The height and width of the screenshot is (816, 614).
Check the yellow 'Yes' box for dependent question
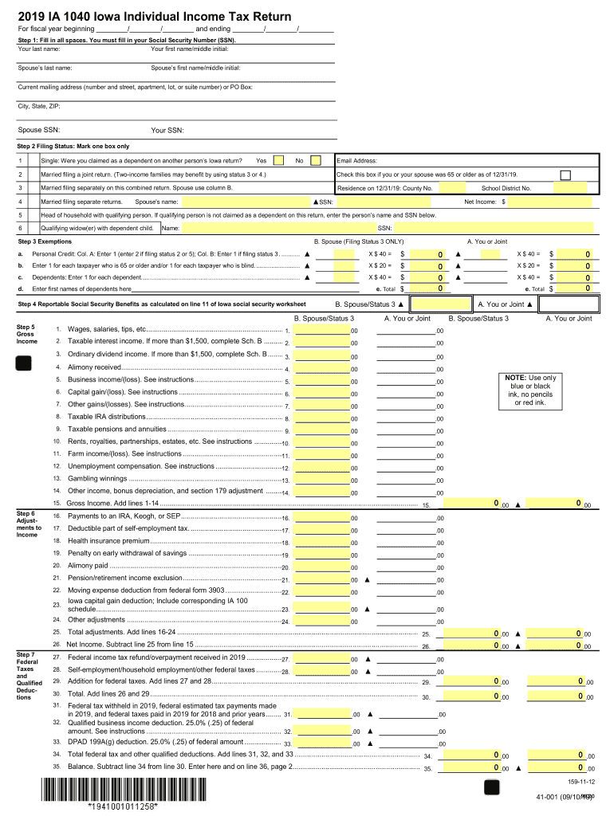[279, 160]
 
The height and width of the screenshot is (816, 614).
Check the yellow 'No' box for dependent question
[316, 160]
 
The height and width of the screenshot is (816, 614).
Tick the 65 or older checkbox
[565, 175]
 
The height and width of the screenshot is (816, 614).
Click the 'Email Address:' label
[358, 160]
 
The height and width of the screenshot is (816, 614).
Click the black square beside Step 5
[25, 363]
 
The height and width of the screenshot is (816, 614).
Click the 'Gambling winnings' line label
[97, 478]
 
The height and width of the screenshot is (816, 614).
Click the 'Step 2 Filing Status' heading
[62, 147]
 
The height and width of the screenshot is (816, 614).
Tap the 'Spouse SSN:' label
[39, 130]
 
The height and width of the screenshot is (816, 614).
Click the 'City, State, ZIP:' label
[39, 105]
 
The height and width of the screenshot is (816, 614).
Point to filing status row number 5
[20, 215]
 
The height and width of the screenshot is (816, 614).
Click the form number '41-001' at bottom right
[552, 798]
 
